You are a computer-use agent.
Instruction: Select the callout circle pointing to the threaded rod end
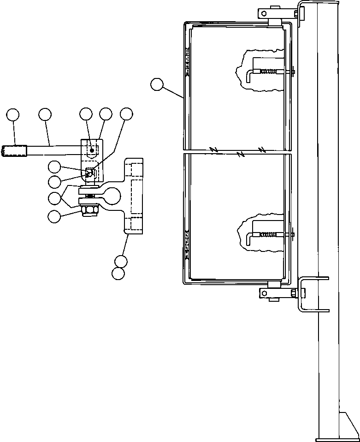click(13, 114)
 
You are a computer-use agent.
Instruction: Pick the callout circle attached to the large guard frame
click(157, 84)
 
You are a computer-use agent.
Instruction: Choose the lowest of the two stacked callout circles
click(118, 274)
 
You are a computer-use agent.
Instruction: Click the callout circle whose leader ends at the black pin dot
click(86, 114)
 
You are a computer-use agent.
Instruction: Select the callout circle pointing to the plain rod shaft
click(45, 114)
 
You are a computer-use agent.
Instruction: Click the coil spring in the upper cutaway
click(271, 72)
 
